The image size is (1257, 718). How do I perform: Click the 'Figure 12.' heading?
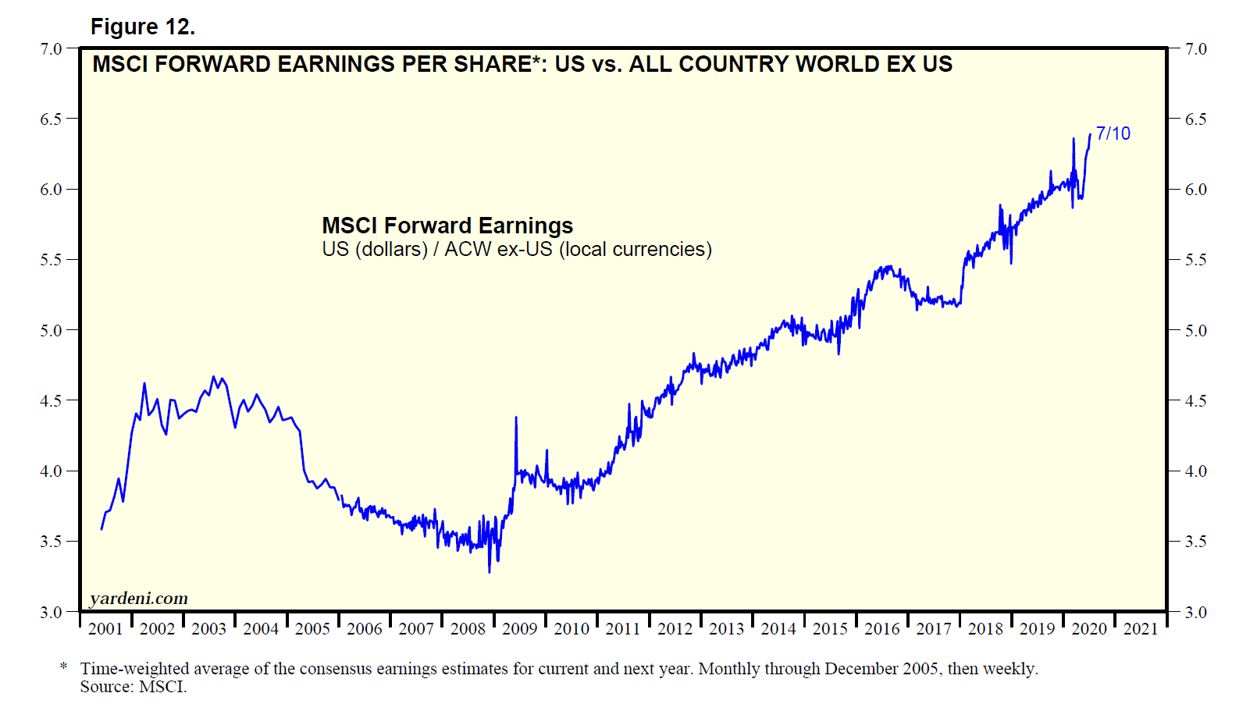142,27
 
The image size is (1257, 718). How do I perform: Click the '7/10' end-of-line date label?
1113,133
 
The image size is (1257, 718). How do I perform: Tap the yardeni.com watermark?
138,599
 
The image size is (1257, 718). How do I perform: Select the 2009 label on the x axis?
519,629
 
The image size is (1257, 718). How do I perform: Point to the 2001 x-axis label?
105,629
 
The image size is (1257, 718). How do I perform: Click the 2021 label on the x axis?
1140,629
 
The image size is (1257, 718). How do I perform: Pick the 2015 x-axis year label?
830,629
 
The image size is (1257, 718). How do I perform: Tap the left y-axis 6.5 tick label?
51,119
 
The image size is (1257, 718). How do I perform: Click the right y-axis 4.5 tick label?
1195,400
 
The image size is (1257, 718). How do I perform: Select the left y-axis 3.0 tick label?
51,612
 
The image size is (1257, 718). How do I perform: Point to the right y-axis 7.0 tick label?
1195,48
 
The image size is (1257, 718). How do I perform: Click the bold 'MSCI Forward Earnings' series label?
447,226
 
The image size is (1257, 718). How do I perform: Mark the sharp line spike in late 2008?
516,418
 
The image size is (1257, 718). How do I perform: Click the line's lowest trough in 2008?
490,571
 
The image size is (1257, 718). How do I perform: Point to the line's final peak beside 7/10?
1090,134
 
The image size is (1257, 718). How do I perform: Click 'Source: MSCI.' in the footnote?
134,687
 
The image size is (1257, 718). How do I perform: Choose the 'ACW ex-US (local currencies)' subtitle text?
578,249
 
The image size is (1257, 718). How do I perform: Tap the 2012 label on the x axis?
675,629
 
